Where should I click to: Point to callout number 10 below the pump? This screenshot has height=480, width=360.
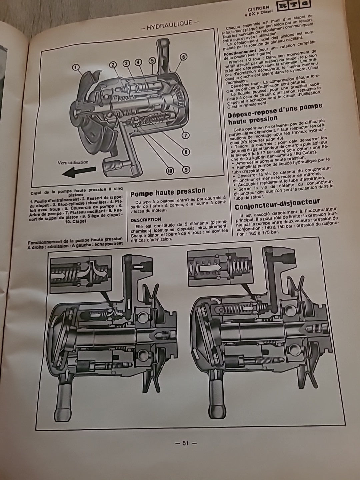170,171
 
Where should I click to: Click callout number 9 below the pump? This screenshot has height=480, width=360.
186,170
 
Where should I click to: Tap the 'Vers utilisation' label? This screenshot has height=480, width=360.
73,162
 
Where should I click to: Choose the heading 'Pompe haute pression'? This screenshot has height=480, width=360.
168,191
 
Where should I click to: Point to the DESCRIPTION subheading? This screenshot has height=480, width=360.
146,219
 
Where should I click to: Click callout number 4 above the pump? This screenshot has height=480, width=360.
138,62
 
